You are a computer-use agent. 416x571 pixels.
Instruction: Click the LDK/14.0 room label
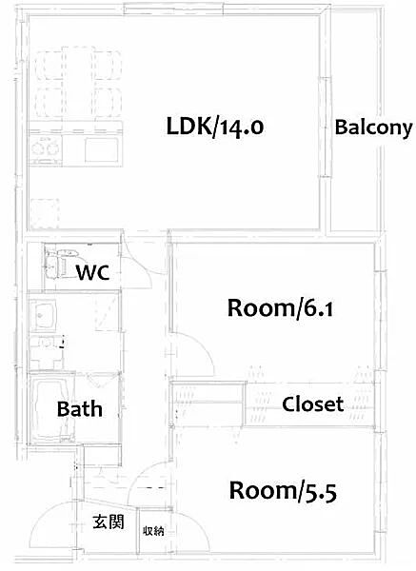point(215,128)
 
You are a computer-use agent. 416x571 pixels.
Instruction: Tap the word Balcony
point(374,128)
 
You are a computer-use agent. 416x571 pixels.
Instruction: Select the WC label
point(92,272)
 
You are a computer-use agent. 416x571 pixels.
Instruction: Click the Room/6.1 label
point(280,308)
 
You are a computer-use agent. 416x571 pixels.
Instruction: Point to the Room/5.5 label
point(283,491)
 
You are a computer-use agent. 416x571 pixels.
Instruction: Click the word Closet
point(313,404)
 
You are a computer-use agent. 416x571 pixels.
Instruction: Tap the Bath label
point(79,409)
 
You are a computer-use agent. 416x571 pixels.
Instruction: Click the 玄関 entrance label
point(109,522)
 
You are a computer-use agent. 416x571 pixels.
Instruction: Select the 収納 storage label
point(153,531)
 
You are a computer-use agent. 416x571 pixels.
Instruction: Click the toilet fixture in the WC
point(58,263)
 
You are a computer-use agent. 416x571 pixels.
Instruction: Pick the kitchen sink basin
point(102,149)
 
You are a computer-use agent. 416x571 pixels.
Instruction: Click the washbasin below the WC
point(43,315)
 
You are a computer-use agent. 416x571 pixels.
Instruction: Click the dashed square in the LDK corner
point(45,214)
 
